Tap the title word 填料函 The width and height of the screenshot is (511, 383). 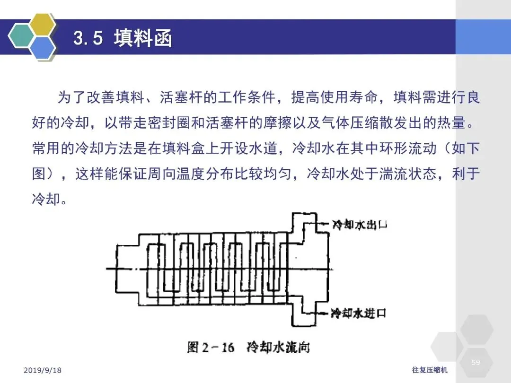(143, 38)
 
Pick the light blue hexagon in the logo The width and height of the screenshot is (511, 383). (43, 48)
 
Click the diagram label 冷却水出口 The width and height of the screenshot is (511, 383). (360, 225)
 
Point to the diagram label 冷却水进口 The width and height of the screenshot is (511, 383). (359, 313)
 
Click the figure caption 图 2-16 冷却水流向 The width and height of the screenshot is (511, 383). (248, 347)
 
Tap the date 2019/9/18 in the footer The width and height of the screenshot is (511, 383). (43, 370)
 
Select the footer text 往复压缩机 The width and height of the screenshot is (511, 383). (430, 370)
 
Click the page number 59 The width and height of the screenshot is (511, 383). (476, 363)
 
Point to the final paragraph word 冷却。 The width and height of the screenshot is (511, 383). (50, 199)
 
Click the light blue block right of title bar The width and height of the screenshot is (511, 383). (483, 37)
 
